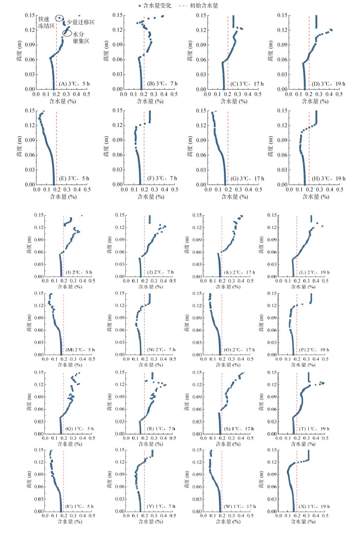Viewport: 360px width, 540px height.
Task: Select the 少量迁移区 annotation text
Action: point(81,21)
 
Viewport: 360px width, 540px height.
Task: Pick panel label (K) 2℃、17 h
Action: point(239,271)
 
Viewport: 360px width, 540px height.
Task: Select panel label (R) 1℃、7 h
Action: point(159,428)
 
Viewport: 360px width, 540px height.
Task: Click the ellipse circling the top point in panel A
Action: point(60,18)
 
